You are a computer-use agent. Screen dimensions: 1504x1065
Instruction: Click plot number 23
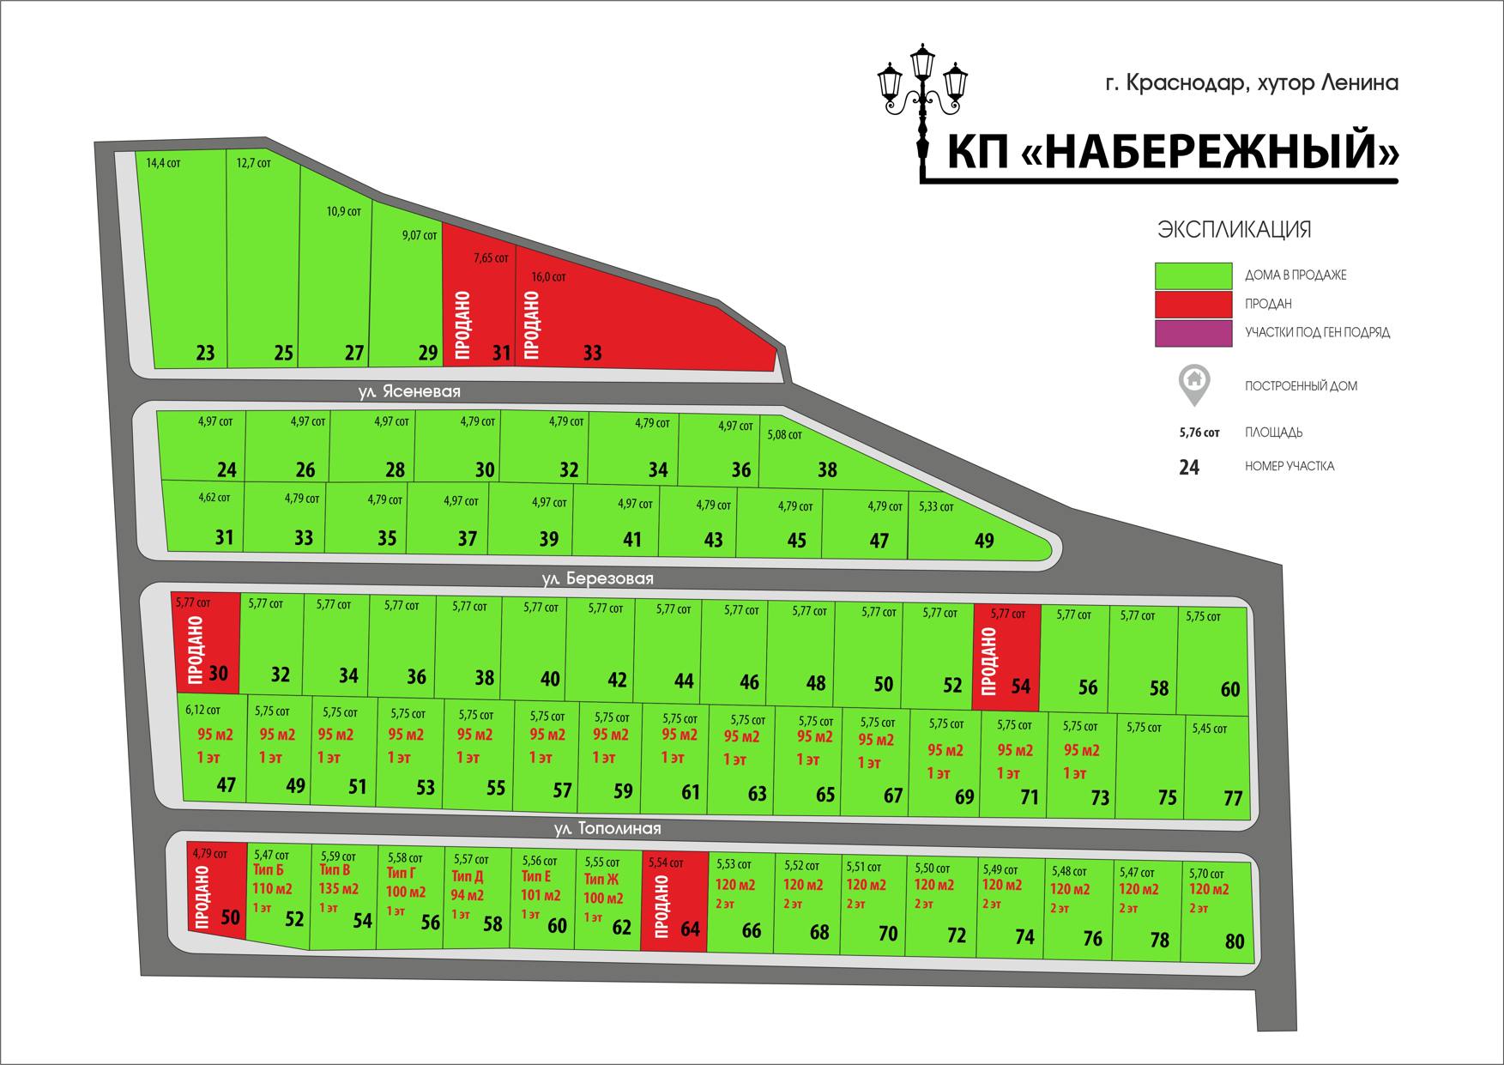click(x=206, y=353)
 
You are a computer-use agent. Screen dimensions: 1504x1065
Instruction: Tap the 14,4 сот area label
click(x=163, y=162)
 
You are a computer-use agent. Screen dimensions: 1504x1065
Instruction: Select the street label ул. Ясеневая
click(x=409, y=391)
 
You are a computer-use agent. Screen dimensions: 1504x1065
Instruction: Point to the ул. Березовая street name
click(x=597, y=578)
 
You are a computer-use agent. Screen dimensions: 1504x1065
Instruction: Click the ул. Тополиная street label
click(x=607, y=828)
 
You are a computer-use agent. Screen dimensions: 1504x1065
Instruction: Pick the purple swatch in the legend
click(x=1193, y=333)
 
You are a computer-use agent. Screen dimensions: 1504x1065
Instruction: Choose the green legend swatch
click(x=1193, y=275)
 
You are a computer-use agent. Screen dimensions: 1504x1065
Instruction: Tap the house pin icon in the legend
click(x=1194, y=385)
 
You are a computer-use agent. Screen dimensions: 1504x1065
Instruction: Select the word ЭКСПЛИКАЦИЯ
click(x=1235, y=229)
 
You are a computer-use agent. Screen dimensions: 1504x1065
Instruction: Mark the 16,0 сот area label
click(x=549, y=277)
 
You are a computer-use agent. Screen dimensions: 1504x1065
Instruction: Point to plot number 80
click(x=1235, y=941)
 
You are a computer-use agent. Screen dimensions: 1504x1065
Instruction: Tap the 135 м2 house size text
click(x=339, y=889)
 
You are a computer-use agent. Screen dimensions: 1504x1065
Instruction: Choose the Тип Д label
click(x=468, y=876)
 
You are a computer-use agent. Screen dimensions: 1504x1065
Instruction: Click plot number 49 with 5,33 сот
click(x=984, y=541)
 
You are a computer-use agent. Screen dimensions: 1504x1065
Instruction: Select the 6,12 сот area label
click(x=203, y=710)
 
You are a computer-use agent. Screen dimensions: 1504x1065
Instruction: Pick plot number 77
click(x=1233, y=798)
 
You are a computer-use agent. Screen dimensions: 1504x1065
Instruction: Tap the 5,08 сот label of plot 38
click(x=784, y=435)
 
